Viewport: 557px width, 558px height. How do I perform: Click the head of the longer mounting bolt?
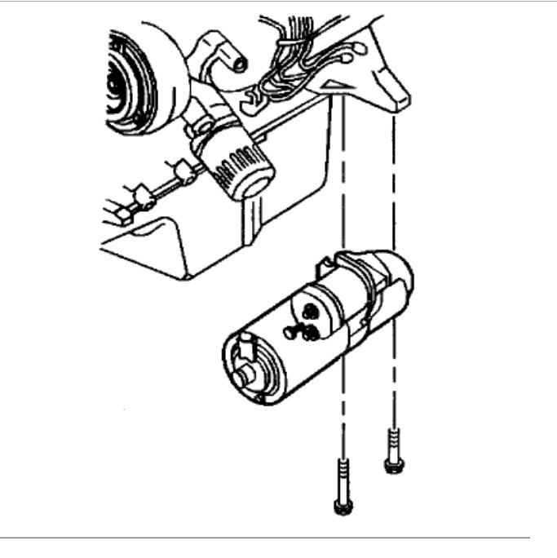click(342, 507)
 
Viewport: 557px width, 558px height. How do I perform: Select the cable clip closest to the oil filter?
click(183, 170)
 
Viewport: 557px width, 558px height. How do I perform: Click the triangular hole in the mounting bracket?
click(333, 85)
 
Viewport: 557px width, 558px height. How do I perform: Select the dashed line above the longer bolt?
click(344, 163)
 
